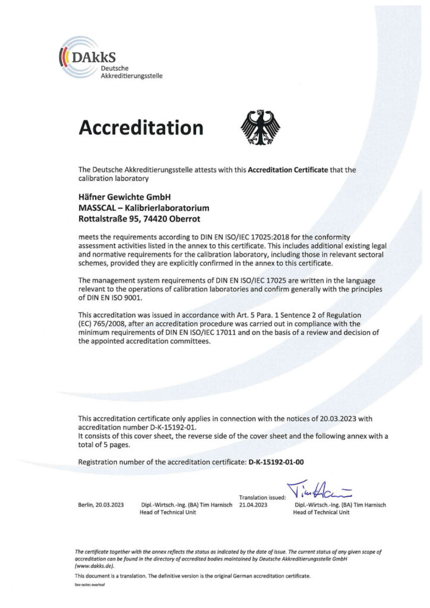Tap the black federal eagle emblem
[x=260, y=126]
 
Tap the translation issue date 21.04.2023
[x=254, y=505]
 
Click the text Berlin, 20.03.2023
[x=101, y=505]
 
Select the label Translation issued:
[x=263, y=497]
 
